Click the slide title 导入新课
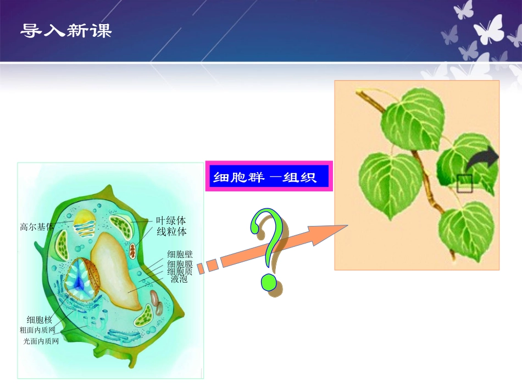tap(66, 31)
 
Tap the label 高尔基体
tap(37, 226)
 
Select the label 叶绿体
tap(171, 221)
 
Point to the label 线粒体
tap(171, 231)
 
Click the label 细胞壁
tap(180, 255)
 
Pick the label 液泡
tap(179, 279)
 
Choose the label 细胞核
tap(40, 319)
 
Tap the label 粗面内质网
tap(37, 330)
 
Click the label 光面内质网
tap(41, 341)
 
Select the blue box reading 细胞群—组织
tap(269, 176)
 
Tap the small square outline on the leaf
tap(464, 183)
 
